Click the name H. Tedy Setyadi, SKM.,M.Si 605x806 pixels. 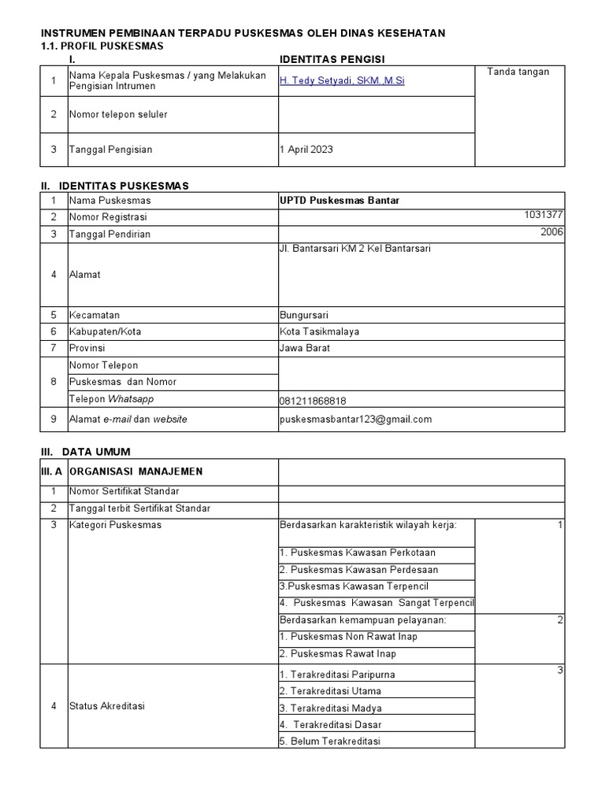coord(342,80)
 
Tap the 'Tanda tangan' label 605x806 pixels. coord(518,72)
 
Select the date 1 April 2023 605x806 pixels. coord(306,150)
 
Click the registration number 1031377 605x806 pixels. coord(544,215)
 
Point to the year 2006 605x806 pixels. coord(552,232)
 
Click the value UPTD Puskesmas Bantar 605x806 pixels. coord(340,201)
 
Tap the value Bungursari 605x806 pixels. coord(303,315)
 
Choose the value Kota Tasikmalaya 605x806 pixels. coord(319,331)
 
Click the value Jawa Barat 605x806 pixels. coord(305,348)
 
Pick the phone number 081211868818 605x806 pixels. coord(313,401)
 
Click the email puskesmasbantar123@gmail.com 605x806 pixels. coord(355,420)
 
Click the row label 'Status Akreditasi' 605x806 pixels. coord(107,706)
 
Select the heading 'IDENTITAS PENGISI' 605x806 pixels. coord(332,59)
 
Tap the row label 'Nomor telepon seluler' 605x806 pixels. coord(118,115)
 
